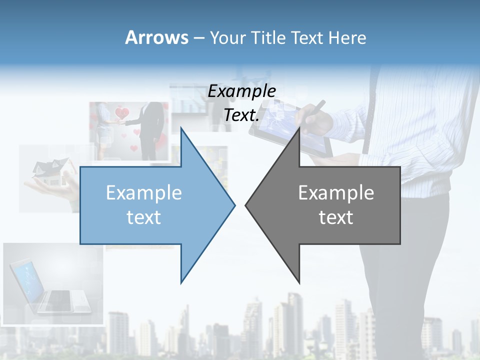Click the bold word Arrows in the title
[156, 37]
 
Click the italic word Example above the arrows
[241, 91]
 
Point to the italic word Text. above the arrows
[241, 115]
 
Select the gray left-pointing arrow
[330, 205]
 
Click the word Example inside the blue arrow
[144, 193]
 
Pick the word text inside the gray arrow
[336, 217]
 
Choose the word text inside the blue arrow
[144, 217]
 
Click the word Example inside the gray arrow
[336, 193]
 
